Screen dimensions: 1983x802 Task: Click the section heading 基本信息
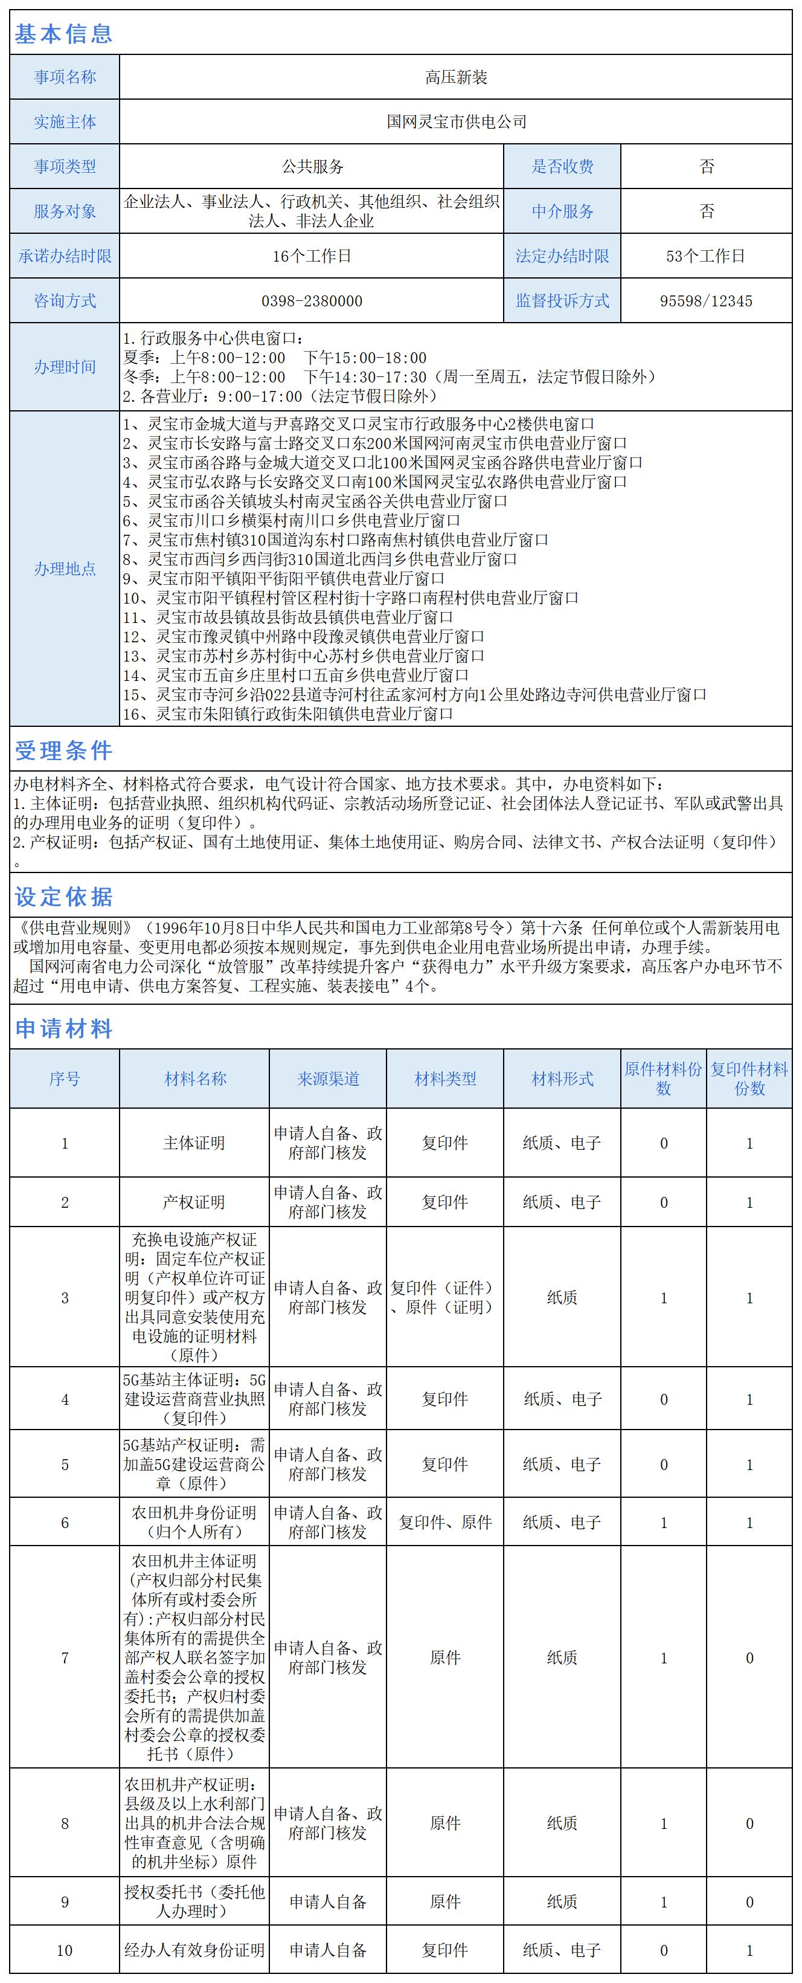[64, 34]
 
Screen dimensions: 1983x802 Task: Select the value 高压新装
[455, 77]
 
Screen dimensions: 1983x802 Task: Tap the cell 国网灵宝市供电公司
[455, 121]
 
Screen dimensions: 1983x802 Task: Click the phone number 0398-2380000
[312, 301]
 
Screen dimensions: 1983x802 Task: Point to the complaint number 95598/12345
[706, 301]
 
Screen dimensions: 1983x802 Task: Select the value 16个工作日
[312, 256]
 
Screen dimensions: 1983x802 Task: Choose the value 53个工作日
[706, 256]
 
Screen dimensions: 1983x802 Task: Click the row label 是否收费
[562, 166]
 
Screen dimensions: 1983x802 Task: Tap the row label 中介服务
[562, 211]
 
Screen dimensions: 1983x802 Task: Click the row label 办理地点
[65, 569]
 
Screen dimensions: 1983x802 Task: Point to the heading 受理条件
[64, 750]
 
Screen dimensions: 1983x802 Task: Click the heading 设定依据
[64, 897]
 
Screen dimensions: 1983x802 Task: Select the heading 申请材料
[64, 1028]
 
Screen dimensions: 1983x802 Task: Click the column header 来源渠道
[328, 1079]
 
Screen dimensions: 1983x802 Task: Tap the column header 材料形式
[562, 1079]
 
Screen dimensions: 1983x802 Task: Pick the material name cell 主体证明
[194, 1143]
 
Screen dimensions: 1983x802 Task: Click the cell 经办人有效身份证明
[194, 1950]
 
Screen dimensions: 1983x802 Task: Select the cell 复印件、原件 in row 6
[445, 1523]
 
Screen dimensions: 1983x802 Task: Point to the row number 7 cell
[65, 1657]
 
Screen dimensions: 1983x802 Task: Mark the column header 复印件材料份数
[749, 1079]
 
